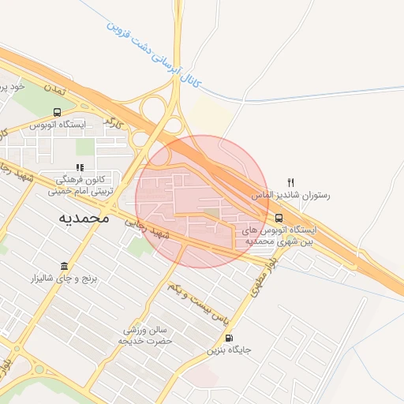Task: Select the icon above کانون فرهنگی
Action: (79, 167)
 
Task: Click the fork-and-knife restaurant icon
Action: (290, 182)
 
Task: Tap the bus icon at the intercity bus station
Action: (279, 218)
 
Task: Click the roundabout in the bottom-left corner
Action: (38, 368)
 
